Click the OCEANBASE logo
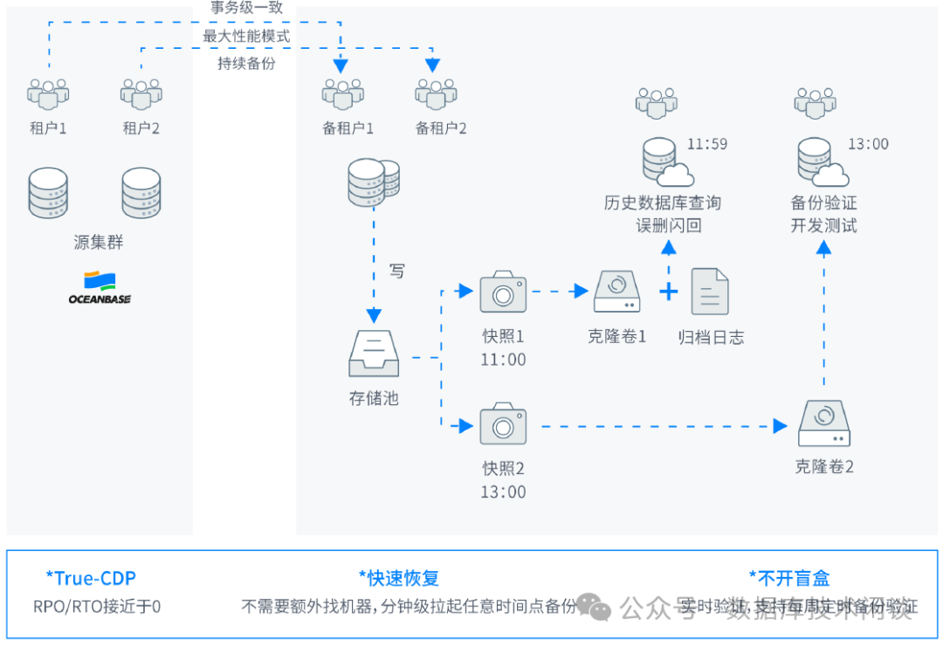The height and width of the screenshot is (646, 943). pyautogui.click(x=100, y=288)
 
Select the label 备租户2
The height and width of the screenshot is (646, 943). pyautogui.click(x=441, y=128)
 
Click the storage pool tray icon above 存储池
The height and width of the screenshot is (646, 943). pyautogui.click(x=373, y=353)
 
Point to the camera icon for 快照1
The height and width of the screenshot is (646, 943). pyautogui.click(x=503, y=292)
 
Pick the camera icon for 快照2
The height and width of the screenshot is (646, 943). pyautogui.click(x=503, y=424)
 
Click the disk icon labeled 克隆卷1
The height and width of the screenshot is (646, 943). pyautogui.click(x=616, y=291)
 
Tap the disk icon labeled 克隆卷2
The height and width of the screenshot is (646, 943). pyautogui.click(x=823, y=423)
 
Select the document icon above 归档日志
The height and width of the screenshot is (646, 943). pyautogui.click(x=710, y=291)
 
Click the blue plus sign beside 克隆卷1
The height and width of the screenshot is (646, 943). pyautogui.click(x=668, y=292)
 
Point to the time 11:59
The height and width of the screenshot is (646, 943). pyautogui.click(x=707, y=144)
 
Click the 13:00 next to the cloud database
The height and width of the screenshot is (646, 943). pyautogui.click(x=868, y=144)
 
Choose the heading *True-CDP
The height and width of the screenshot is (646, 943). pyautogui.click(x=91, y=578)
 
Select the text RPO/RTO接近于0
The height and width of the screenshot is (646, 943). pyautogui.click(x=97, y=606)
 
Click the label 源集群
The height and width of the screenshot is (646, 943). pyautogui.click(x=99, y=243)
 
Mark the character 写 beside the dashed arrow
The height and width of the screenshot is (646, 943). pyautogui.click(x=397, y=271)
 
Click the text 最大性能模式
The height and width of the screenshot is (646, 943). pyautogui.click(x=246, y=37)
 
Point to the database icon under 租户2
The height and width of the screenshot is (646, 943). pyautogui.click(x=141, y=193)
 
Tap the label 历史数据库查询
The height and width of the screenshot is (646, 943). pyautogui.click(x=663, y=203)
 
